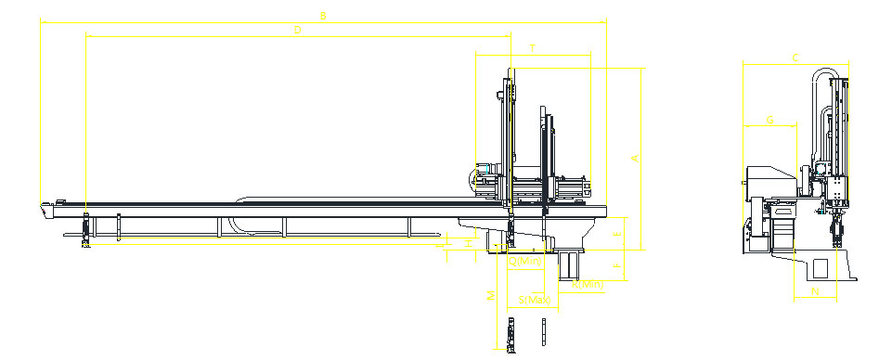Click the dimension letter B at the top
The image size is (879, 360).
pyautogui.click(x=323, y=15)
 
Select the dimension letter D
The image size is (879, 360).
pyautogui.click(x=297, y=30)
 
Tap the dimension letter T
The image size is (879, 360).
pyautogui.click(x=532, y=46)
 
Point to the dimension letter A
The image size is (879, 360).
pyautogui.click(x=635, y=158)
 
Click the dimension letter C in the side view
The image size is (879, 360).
pyautogui.click(x=795, y=58)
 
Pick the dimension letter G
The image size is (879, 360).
pyautogui.click(x=769, y=119)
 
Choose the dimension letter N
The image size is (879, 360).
pyautogui.click(x=815, y=291)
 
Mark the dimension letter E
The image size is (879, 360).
pyautogui.click(x=617, y=235)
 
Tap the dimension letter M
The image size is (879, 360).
pyautogui.click(x=491, y=296)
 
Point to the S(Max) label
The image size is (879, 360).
pyautogui.click(x=536, y=300)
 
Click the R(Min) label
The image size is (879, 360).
pyautogui.click(x=588, y=284)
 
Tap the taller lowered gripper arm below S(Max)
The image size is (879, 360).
pyautogui.click(x=512, y=333)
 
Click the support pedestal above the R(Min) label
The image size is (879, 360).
pyautogui.click(x=565, y=264)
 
